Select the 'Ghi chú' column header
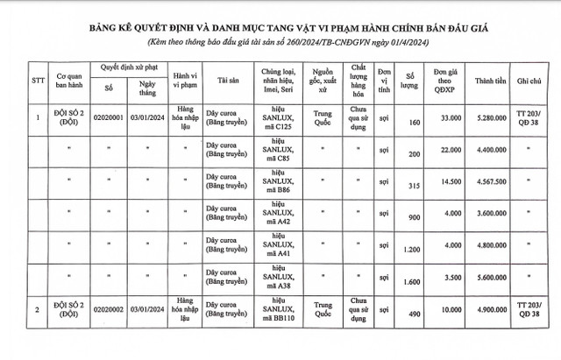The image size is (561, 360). click(527, 82)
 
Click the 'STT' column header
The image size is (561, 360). click(37, 82)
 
